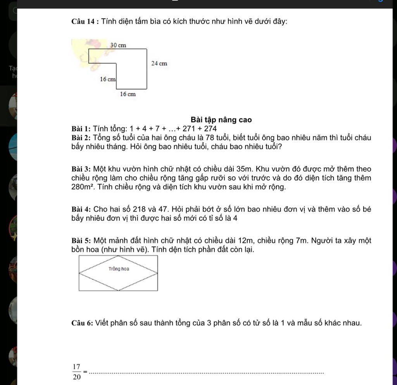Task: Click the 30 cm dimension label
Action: pyautogui.click(x=118, y=45)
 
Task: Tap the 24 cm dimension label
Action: pyautogui.click(x=159, y=63)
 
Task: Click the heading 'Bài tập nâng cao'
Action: pyautogui.click(x=221, y=120)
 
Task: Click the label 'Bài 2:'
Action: pyautogui.click(x=81, y=138)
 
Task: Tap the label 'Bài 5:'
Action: pyautogui.click(x=81, y=241)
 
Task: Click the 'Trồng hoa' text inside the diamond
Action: pyautogui.click(x=119, y=269)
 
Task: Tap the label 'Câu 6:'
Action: pyautogui.click(x=82, y=323)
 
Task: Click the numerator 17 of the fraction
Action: pyautogui.click(x=76, y=367)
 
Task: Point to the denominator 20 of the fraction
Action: pyautogui.click(x=77, y=376)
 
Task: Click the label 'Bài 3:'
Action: pyautogui.click(x=81, y=169)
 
